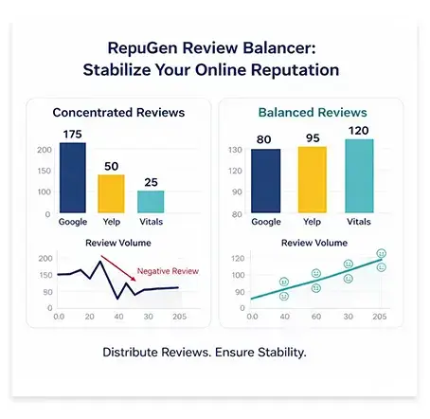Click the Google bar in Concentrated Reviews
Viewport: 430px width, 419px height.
[x=72, y=178]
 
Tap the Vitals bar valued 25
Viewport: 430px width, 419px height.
[x=151, y=202]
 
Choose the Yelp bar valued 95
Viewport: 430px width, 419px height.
[x=312, y=178]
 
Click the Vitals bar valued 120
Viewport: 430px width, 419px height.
[x=359, y=175]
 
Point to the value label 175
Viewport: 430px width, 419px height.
[x=72, y=134]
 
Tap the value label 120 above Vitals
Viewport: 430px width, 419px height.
[x=359, y=131]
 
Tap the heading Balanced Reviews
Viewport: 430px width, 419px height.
[x=313, y=112]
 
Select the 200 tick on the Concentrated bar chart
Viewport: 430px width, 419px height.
[x=45, y=150]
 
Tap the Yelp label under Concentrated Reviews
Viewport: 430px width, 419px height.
[x=112, y=222]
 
